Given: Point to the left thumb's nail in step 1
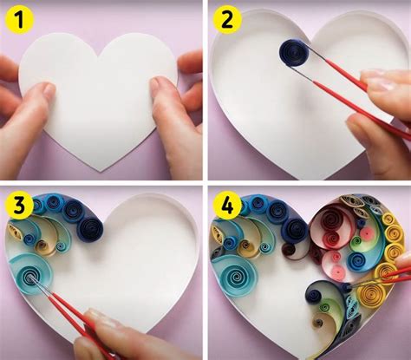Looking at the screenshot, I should tap(42, 89).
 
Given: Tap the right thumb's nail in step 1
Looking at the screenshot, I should tap(160, 84).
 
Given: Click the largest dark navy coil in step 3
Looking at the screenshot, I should tap(89, 230).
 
